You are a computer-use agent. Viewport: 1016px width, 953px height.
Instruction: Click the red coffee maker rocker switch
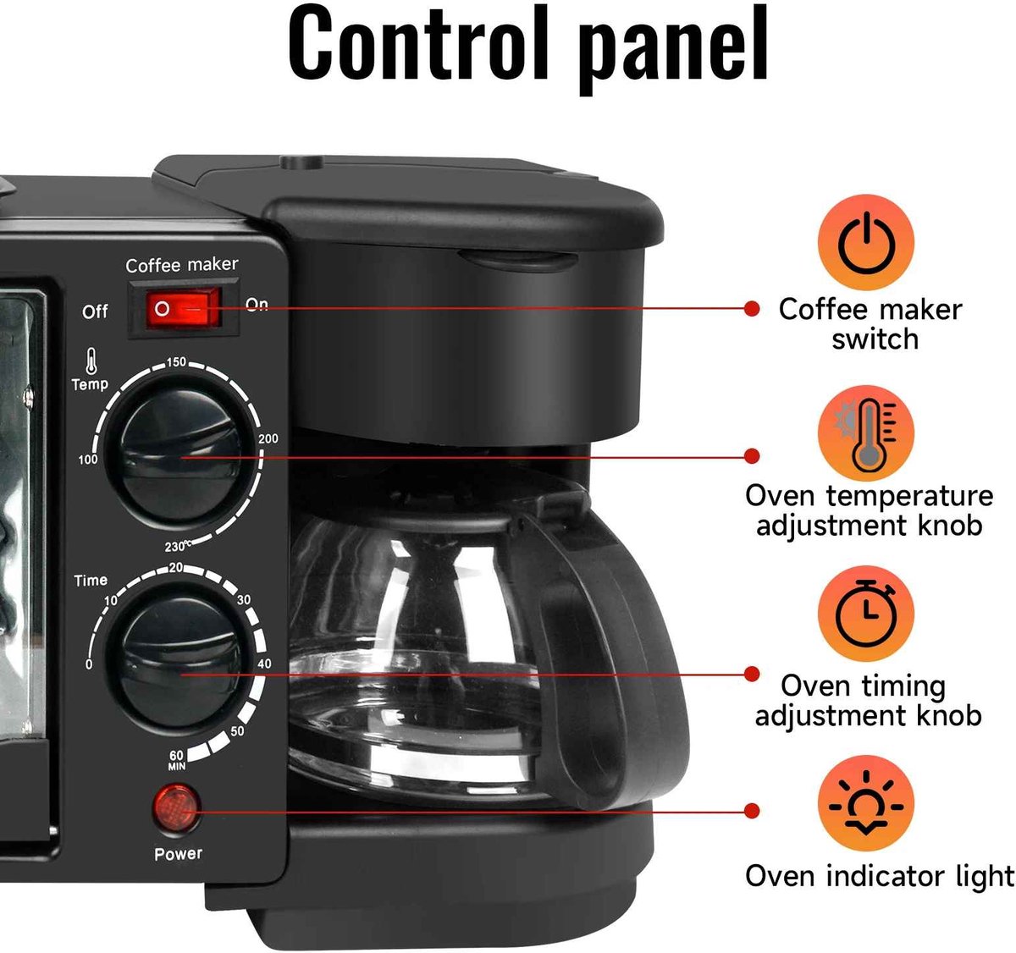click(x=183, y=308)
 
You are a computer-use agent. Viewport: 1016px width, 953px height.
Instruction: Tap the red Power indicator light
click(x=176, y=808)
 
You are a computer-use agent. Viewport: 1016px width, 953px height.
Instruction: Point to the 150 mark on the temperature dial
click(x=176, y=362)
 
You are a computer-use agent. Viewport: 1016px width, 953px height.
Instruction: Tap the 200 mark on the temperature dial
click(x=268, y=438)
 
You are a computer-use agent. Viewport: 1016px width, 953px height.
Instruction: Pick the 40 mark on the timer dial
click(x=264, y=664)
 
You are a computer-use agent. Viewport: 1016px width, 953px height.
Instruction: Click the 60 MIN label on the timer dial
click(x=176, y=760)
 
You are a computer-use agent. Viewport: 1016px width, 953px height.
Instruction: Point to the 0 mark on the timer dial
click(x=89, y=664)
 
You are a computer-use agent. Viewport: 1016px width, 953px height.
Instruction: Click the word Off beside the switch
click(x=95, y=311)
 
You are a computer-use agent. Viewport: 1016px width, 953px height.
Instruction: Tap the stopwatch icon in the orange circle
click(x=866, y=613)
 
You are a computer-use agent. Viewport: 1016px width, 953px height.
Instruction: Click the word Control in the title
click(x=418, y=42)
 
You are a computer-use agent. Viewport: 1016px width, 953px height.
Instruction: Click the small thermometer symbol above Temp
click(x=91, y=361)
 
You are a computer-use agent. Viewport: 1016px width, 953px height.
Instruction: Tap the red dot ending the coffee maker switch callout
click(x=752, y=308)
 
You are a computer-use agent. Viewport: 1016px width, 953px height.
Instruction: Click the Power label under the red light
click(x=178, y=854)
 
